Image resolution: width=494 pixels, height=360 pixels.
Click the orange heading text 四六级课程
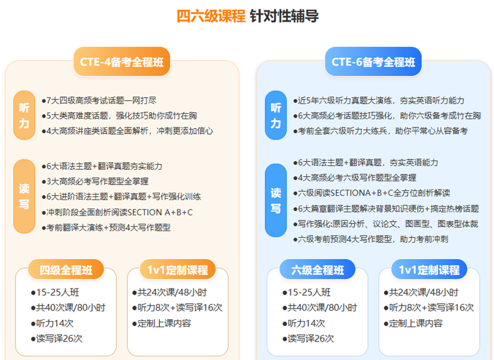tap(211, 16)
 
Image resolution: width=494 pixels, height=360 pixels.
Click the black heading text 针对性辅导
tap(284, 16)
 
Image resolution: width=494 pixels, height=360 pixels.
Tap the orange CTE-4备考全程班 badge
tap(122, 62)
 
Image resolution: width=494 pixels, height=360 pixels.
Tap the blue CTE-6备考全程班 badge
tap(374, 62)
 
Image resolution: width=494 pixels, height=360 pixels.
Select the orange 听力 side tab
tap(24, 115)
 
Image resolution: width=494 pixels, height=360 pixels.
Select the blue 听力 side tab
tap(276, 115)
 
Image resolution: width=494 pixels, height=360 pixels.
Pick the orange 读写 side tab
tap(24, 196)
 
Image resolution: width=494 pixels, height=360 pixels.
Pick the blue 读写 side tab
tap(276, 200)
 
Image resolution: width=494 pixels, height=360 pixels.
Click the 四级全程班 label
tap(66, 270)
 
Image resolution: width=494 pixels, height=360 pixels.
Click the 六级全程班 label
tap(317, 270)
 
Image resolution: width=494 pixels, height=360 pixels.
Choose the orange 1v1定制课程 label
tap(178, 270)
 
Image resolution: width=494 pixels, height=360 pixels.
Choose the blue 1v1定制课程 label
tap(429, 270)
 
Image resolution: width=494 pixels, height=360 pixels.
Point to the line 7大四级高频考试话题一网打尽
tap(99, 101)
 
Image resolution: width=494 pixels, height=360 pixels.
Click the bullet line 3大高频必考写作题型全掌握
tap(95, 182)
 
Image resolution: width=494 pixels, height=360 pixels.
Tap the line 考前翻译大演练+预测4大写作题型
tap(106, 227)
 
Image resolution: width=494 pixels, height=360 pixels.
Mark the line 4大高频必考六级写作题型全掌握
tap(354, 178)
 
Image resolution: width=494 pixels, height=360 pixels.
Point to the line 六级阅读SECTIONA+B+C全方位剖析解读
tap(372, 193)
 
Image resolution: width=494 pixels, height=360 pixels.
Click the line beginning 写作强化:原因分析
tap(385, 224)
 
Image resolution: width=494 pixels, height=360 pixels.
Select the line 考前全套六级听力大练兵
tap(380, 131)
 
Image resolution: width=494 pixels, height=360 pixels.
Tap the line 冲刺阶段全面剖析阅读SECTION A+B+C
tap(117, 212)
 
